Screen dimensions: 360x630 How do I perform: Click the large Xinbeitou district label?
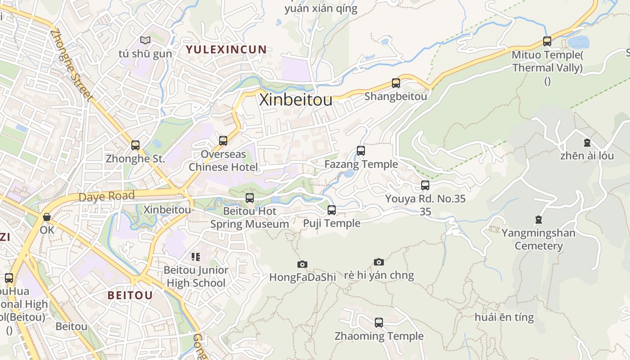(296, 100)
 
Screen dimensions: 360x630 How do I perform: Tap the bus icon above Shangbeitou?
(396, 83)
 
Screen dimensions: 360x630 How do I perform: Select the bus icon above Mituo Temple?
(547, 41)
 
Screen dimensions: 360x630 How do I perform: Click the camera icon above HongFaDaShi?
(302, 264)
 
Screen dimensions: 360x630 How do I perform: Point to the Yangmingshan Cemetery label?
(538, 239)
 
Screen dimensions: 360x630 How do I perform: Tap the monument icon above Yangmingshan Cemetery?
(539, 220)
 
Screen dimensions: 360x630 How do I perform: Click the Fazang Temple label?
(361, 164)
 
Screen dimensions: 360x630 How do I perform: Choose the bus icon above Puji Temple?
(332, 210)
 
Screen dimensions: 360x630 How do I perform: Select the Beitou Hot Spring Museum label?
(250, 217)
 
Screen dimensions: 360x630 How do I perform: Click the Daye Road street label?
(107, 197)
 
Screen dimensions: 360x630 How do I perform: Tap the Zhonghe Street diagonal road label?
(72, 65)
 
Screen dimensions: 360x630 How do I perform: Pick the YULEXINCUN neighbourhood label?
(226, 49)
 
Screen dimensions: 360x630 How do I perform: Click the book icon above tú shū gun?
(145, 40)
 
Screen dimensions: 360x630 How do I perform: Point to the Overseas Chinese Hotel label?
(223, 161)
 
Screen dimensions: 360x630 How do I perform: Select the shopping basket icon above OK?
(47, 217)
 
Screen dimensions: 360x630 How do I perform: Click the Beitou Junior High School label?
(196, 276)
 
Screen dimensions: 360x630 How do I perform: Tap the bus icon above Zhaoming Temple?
(379, 322)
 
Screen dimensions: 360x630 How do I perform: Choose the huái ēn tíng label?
(504, 317)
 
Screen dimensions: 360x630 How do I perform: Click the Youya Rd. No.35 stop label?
(425, 198)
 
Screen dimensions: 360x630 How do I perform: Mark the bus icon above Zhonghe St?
(135, 145)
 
